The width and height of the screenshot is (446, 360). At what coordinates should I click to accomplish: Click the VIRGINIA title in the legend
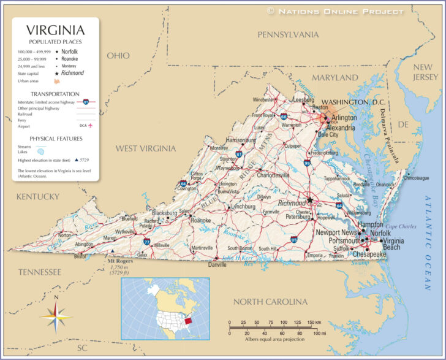(55, 29)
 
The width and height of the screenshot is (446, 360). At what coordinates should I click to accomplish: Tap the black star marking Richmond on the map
(310, 200)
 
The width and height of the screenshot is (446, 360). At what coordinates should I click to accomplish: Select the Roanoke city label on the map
(200, 220)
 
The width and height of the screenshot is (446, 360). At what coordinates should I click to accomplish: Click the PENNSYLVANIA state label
(288, 34)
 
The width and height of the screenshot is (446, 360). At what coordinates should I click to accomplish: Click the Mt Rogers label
(121, 261)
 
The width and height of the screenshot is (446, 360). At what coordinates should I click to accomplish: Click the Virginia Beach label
(392, 243)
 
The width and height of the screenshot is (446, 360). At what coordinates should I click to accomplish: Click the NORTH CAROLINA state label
(270, 302)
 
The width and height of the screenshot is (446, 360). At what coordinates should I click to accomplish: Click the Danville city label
(217, 265)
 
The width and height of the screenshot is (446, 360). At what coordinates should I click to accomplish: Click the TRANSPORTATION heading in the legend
(55, 94)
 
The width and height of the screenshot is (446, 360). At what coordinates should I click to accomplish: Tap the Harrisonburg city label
(241, 140)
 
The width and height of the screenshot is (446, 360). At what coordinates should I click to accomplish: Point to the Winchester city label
(264, 99)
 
